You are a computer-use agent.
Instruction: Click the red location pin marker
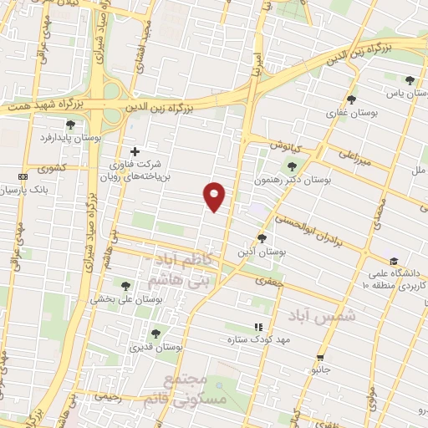click(x=215, y=196)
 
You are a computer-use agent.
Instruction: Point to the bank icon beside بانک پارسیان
click(x=23, y=177)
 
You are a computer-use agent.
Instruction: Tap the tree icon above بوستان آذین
click(x=262, y=238)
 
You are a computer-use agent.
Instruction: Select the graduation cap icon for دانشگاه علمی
click(x=393, y=260)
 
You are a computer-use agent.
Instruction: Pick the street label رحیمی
click(x=109, y=398)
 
